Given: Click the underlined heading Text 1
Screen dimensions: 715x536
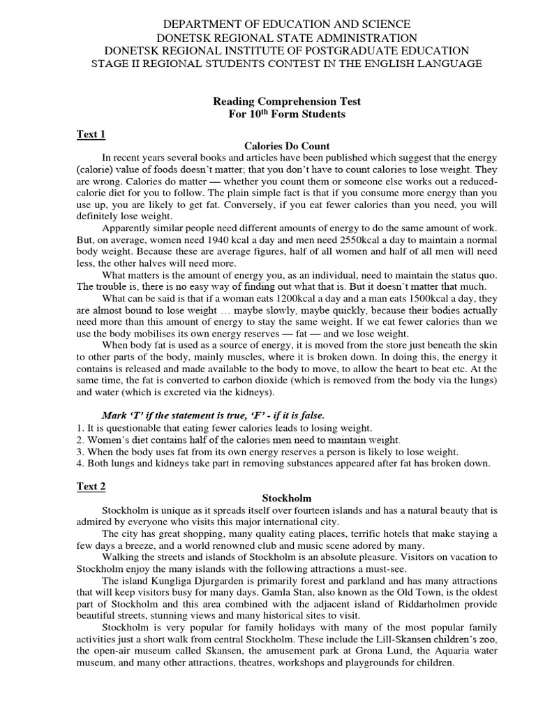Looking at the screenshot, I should click(x=91, y=134).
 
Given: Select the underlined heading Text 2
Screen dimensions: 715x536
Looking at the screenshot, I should click(x=91, y=486).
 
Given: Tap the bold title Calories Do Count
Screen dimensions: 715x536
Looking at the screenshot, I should click(x=287, y=146).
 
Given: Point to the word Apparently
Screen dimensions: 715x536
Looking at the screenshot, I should click(x=128, y=228).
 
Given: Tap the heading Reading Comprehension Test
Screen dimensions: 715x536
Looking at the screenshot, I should click(x=287, y=101).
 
